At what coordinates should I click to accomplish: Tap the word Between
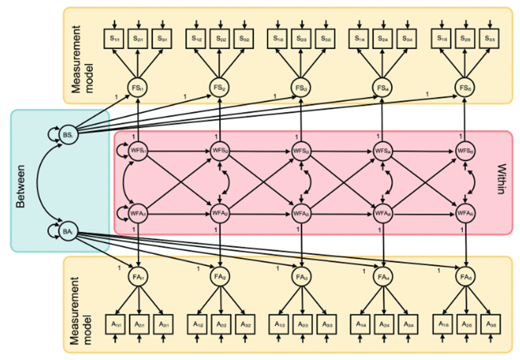tap(22, 182)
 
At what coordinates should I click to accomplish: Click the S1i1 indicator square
tap(113, 39)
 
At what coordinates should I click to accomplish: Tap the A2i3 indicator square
tap(301, 324)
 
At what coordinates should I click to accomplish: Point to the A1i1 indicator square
tap(114, 324)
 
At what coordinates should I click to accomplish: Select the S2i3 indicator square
tap(301, 39)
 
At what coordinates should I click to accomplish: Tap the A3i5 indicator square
tap(488, 324)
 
